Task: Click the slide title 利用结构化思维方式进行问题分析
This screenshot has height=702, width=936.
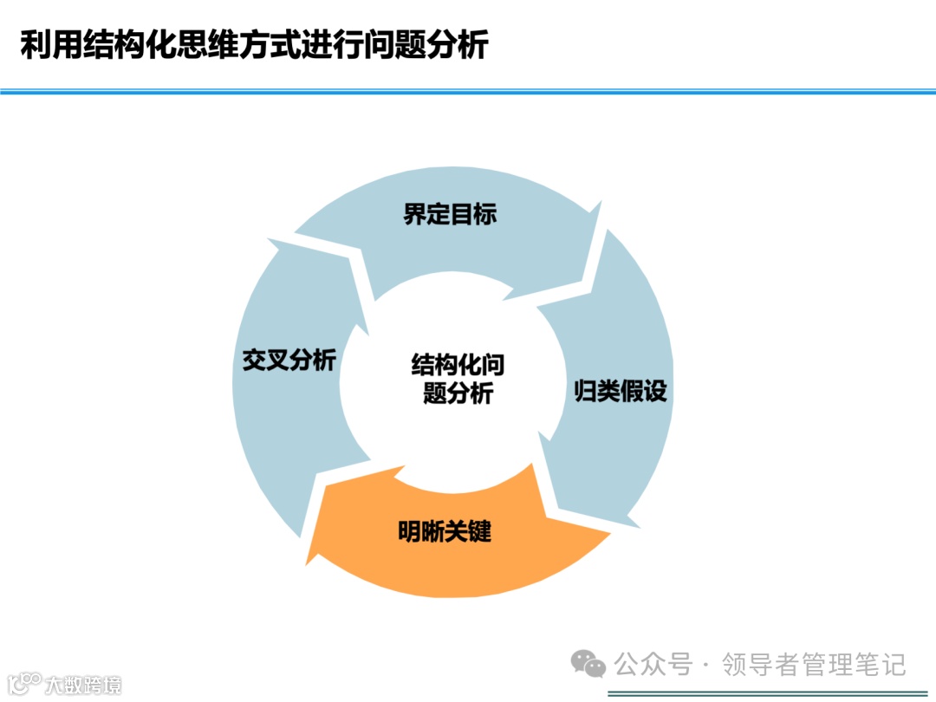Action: pyautogui.click(x=254, y=45)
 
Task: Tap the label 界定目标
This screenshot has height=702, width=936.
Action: pyautogui.click(x=450, y=214)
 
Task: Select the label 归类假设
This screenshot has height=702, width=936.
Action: pyautogui.click(x=621, y=392)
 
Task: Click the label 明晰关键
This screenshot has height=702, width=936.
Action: pyautogui.click(x=445, y=531)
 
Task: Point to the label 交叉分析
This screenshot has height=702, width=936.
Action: pyautogui.click(x=289, y=361)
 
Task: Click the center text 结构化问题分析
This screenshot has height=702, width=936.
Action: pyautogui.click(x=458, y=379)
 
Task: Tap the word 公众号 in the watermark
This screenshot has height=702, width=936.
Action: pyautogui.click(x=654, y=665)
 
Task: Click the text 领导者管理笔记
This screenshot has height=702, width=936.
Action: pyautogui.click(x=815, y=665)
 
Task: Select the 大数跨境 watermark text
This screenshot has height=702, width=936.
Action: pyautogui.click(x=83, y=685)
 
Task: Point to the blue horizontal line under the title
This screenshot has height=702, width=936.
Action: pyautogui.click(x=468, y=91)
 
